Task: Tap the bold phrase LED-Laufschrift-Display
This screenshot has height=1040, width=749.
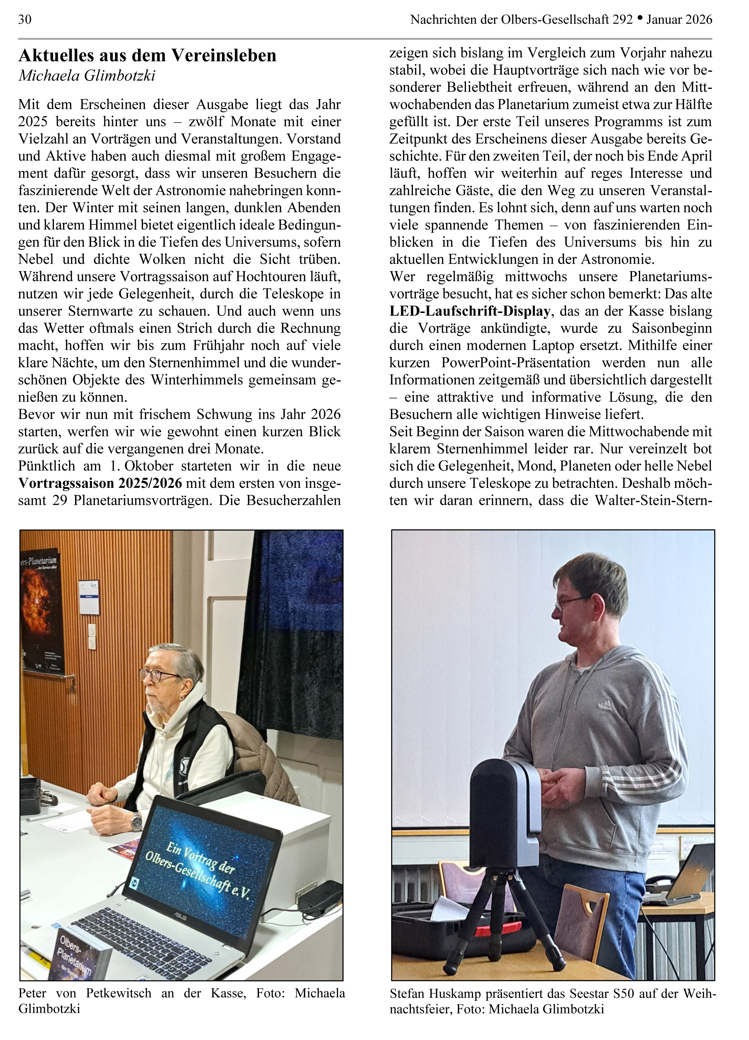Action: [x=470, y=311]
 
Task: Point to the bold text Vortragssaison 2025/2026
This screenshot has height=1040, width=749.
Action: [x=100, y=483]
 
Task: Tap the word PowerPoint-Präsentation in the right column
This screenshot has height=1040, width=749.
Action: [x=516, y=363]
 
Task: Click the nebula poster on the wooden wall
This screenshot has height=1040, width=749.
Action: [x=40, y=610]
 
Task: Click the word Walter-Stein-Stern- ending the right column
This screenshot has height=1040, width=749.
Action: [x=653, y=500]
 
